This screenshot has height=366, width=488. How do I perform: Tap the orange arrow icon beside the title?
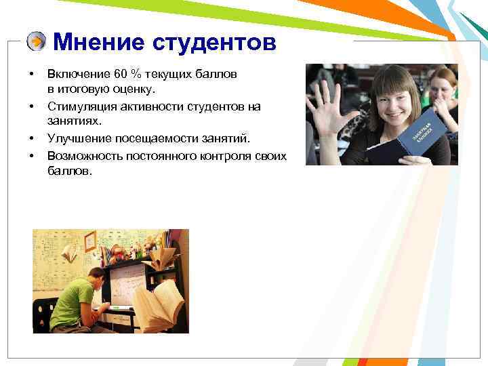pyautogui.click(x=37, y=42)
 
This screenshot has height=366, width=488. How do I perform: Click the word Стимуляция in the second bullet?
pyautogui.click(x=77, y=106)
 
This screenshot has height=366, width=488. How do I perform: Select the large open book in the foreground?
pyautogui.click(x=160, y=305)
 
